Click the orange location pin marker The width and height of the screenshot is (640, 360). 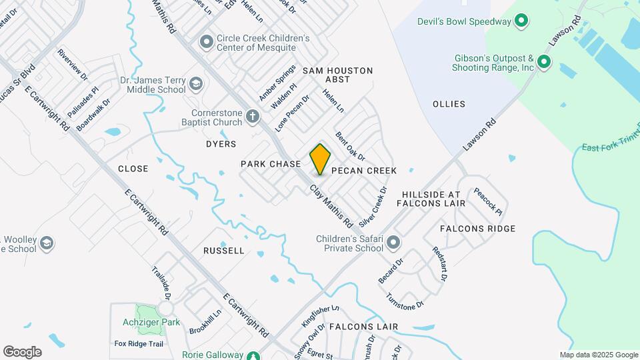(321, 159)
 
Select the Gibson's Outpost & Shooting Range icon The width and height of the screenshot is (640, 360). (544, 63)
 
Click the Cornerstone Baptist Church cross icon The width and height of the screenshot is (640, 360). (252, 117)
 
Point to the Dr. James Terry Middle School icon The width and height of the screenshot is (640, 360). (195, 84)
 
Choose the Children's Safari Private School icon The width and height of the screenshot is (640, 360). (393, 241)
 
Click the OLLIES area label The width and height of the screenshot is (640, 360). (449, 104)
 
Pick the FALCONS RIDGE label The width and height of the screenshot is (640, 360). (477, 229)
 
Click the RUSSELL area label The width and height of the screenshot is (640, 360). (224, 251)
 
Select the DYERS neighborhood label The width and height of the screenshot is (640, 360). (221, 144)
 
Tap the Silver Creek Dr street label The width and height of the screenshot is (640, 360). (373, 206)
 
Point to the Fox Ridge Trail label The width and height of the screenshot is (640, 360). (139, 344)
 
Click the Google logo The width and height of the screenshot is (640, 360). (22, 352)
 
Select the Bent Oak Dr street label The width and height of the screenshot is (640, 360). (350, 147)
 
